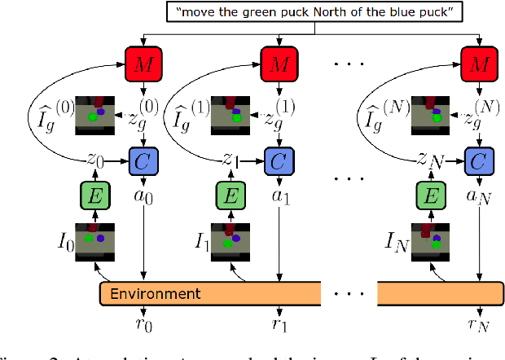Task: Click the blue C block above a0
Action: tap(143, 160)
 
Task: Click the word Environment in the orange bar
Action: tap(155, 292)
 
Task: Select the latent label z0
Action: tap(96, 160)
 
